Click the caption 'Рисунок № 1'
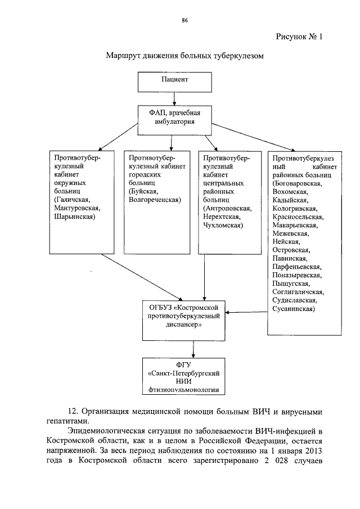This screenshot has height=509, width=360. coord(300,38)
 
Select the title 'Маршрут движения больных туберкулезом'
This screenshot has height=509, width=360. coord(184,56)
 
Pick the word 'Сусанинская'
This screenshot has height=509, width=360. coord(293,309)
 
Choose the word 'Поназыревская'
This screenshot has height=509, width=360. coord(296,275)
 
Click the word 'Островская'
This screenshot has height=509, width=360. coord(290,250)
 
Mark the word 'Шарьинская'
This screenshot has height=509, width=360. coord(75,216)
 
